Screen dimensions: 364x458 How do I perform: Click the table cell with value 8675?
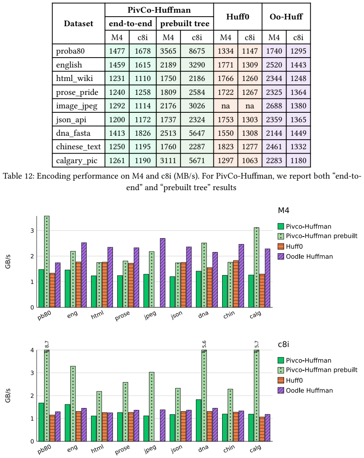[x=197, y=51]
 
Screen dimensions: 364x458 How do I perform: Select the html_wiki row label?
[x=75, y=78]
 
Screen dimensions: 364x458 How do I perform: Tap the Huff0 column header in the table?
[x=238, y=17]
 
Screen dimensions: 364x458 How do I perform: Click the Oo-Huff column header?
[x=286, y=17]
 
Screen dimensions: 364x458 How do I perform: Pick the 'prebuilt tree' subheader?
[x=185, y=23]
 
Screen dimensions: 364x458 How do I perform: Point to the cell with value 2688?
[x=274, y=106]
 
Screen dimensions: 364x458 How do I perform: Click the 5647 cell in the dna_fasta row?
[x=197, y=133]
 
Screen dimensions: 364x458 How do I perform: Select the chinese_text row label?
[x=78, y=146]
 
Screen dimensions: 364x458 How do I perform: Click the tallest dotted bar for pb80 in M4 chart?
[x=47, y=262]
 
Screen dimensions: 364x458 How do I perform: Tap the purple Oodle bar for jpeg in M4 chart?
[x=163, y=273]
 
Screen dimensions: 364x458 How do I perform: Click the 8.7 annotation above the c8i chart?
[x=47, y=344]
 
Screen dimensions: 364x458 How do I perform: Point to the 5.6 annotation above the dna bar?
[x=204, y=344]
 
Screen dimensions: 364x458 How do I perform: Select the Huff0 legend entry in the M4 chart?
[x=290, y=246]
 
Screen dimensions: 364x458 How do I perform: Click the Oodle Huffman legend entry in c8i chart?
[x=305, y=390]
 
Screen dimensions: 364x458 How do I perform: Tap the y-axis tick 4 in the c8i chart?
[x=32, y=350]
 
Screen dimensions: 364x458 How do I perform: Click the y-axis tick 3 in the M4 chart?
[x=32, y=231]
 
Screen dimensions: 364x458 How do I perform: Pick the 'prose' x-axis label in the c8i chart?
[x=122, y=450]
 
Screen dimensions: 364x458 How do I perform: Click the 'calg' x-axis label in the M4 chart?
[x=255, y=315]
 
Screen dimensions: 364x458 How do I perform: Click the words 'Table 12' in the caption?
[x=18, y=176]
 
